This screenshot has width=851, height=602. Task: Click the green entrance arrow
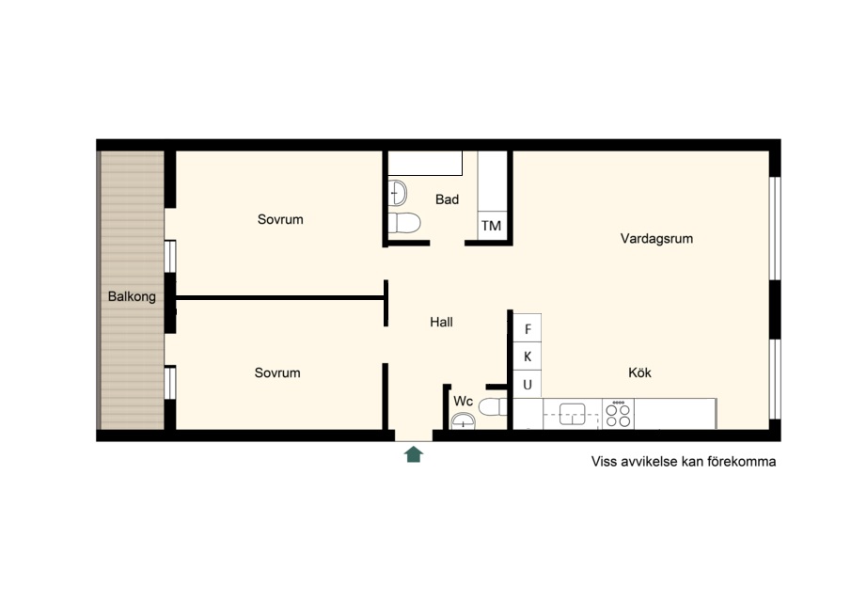pyautogui.click(x=414, y=453)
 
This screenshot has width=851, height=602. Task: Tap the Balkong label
pyautogui.click(x=132, y=296)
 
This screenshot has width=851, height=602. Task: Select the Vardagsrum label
pyautogui.click(x=656, y=238)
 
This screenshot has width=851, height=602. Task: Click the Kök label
pyautogui.click(x=639, y=372)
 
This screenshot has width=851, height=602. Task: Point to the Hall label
pyautogui.click(x=441, y=322)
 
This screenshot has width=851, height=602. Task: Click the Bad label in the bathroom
pyautogui.click(x=448, y=199)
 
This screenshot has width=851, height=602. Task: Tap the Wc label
pyautogui.click(x=464, y=401)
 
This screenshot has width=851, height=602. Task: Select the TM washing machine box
pyautogui.click(x=492, y=225)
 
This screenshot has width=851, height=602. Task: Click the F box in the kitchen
pyautogui.click(x=528, y=329)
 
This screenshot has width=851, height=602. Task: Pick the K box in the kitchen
pyautogui.click(x=528, y=356)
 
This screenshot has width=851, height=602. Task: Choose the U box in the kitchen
pyautogui.click(x=528, y=385)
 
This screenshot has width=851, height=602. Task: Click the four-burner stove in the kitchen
pyautogui.click(x=618, y=414)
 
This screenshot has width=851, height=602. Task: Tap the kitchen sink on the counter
pyautogui.click(x=572, y=414)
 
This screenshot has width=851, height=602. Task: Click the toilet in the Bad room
pyautogui.click(x=404, y=223)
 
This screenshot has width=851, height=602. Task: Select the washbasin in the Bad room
pyautogui.click(x=398, y=193)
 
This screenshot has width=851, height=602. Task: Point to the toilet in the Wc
pyautogui.click(x=493, y=406)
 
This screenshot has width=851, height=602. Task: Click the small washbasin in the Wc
pyautogui.click(x=463, y=420)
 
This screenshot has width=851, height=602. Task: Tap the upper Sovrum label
pyautogui.click(x=280, y=219)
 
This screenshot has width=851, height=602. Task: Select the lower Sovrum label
pyautogui.click(x=277, y=372)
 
